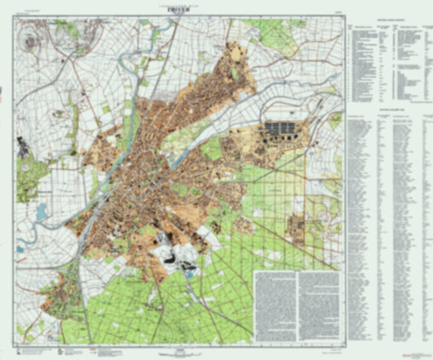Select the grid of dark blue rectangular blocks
pyautogui.click(x=280, y=128)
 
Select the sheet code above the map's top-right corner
pyautogui.click(x=336, y=10)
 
